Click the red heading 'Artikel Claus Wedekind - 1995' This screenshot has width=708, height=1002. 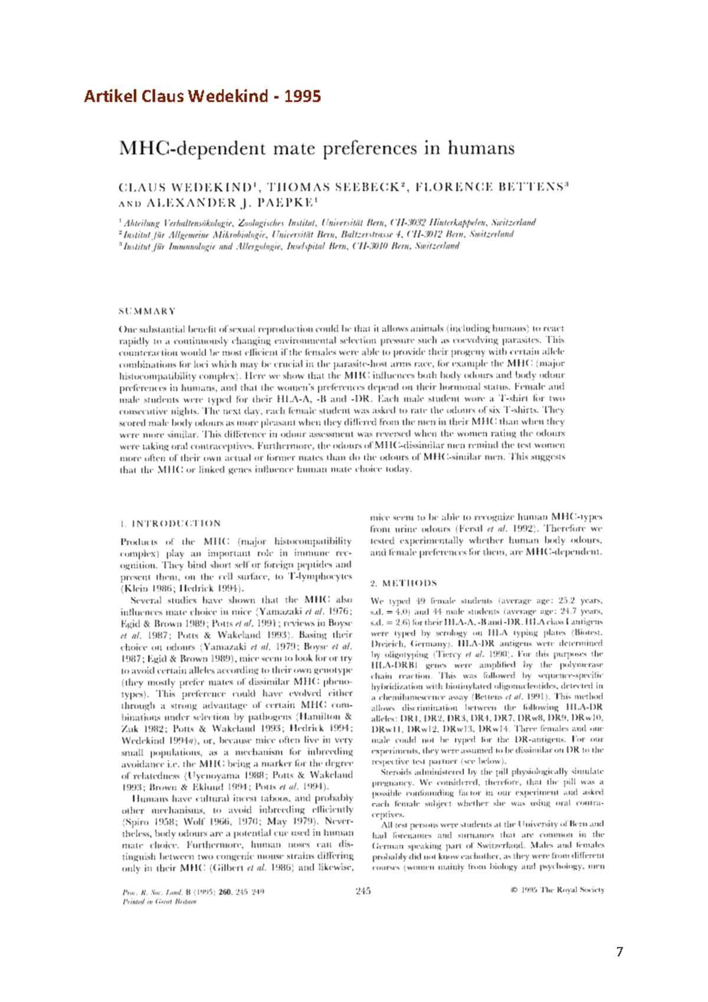tap(202, 96)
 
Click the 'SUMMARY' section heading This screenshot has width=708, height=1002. tap(147, 311)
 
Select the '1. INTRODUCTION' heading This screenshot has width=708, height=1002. tap(170, 523)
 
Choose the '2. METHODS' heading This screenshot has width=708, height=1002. tap(403, 583)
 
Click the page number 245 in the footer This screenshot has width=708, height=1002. tap(363, 891)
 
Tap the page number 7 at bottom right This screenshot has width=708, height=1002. tap(619, 952)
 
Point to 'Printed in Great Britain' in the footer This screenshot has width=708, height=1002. tap(159, 902)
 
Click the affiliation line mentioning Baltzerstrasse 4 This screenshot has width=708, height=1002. tap(317, 234)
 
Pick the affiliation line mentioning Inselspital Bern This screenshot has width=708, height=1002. tap(290, 246)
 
